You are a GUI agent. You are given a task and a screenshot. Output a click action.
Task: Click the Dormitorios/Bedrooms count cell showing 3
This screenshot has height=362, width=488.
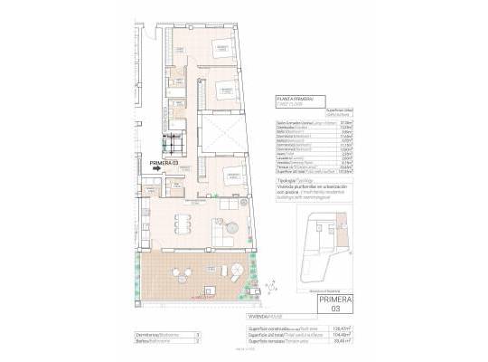click(197, 333)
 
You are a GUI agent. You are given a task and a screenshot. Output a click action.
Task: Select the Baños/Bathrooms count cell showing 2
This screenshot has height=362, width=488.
click(197, 341)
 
